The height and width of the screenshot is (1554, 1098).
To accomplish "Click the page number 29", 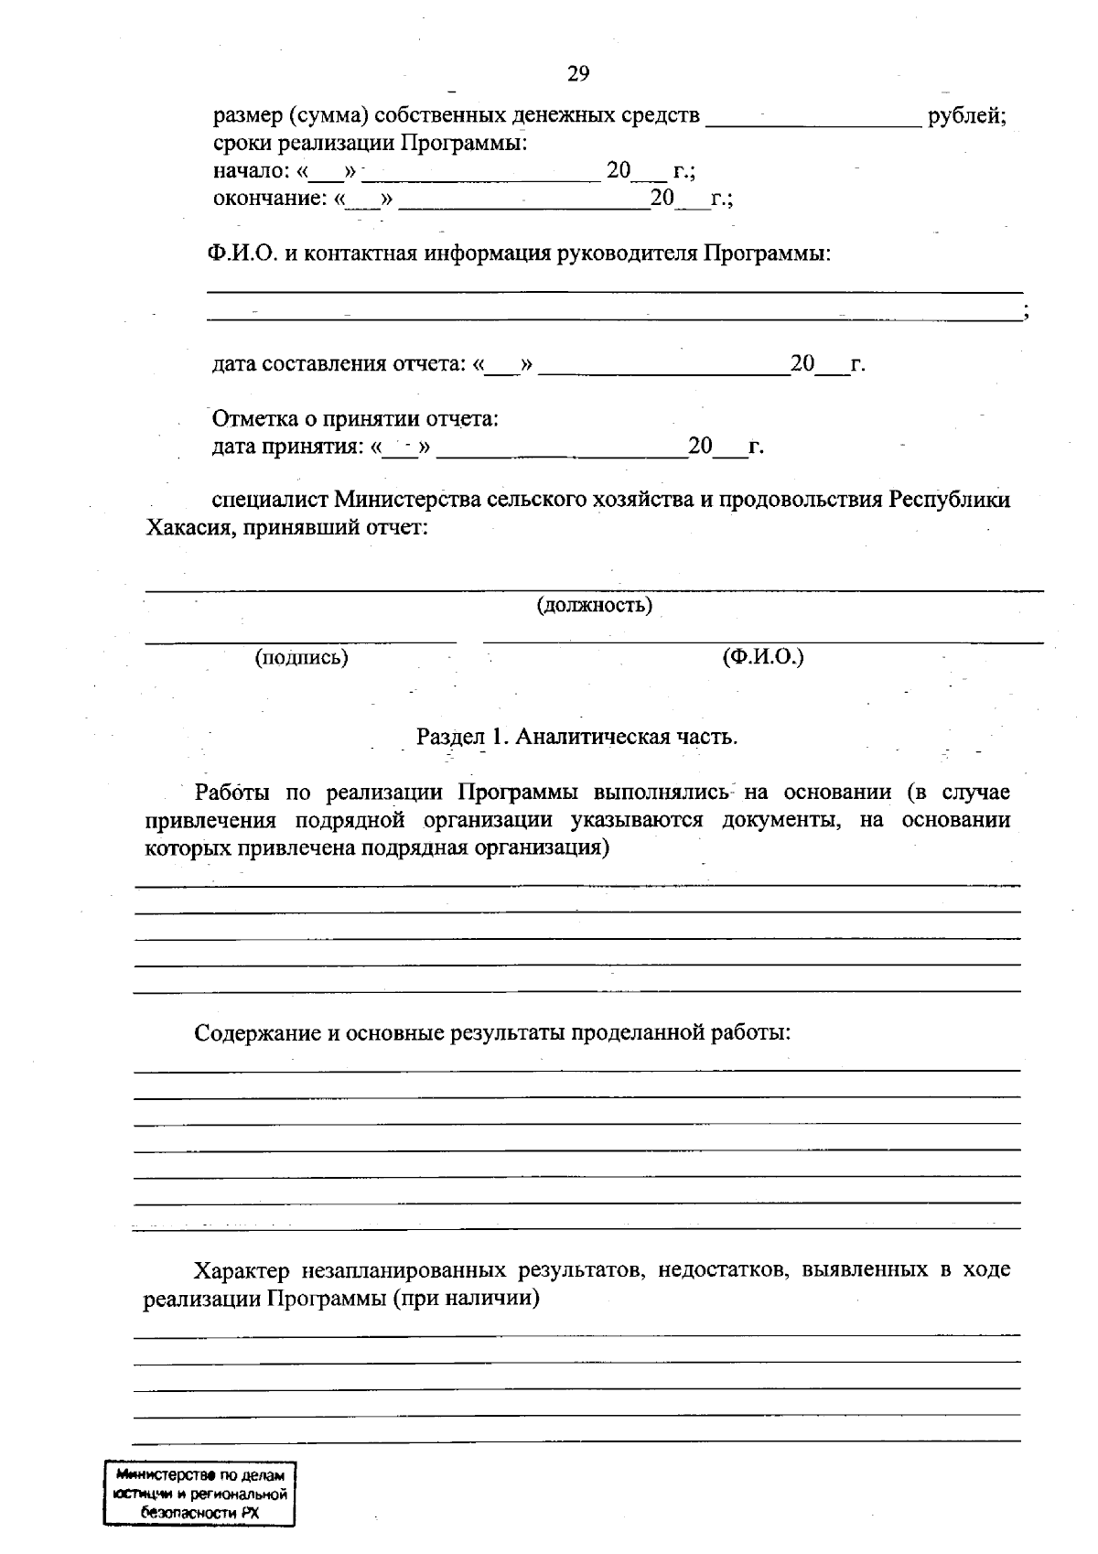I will [x=577, y=74].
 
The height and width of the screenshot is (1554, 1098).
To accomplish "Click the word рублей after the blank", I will [x=966, y=117].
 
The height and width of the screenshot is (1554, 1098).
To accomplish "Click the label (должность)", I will [x=594, y=606].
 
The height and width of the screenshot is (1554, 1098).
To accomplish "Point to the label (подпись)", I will [x=301, y=657].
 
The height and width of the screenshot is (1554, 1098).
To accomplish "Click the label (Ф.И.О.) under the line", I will [x=762, y=657].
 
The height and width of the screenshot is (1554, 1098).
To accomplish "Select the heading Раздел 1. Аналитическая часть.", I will [x=576, y=737].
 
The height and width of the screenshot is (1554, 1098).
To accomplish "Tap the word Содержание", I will [x=258, y=1034].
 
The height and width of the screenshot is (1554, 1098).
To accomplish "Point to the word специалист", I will [x=270, y=501].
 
